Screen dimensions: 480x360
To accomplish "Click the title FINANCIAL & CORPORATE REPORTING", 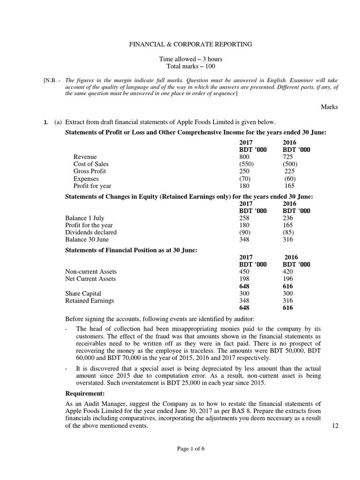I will tap(190, 44).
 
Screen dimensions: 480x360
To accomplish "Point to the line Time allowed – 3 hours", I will tap(190, 59).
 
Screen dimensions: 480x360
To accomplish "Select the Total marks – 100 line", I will tap(190, 67).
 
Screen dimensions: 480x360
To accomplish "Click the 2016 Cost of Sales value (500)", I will tap(290, 164).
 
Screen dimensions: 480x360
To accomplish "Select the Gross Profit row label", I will tap(90, 171).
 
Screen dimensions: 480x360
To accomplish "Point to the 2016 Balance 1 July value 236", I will tap(288, 218).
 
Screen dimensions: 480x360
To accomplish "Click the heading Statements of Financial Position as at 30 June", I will tap(131, 250).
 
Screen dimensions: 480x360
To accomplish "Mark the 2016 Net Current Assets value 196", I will tap(288, 279).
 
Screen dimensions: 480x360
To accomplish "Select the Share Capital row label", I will tap(83, 293).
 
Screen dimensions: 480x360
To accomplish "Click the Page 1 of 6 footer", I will tap(190, 448).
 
